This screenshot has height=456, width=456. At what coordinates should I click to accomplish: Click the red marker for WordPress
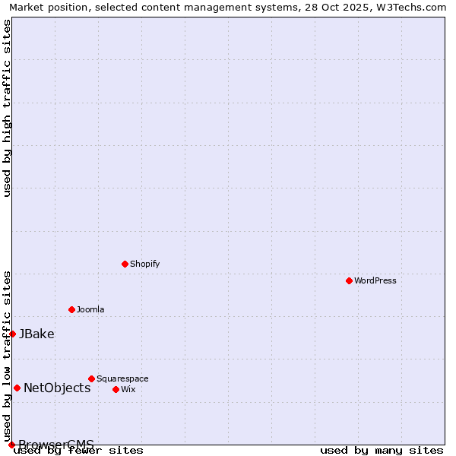coord(349,280)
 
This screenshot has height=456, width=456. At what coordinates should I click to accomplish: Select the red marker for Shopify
coord(125,264)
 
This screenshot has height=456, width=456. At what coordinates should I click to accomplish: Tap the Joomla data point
coord(71,309)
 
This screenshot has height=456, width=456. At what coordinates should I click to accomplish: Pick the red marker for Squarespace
coord(91,378)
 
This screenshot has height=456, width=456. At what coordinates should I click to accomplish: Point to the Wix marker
coord(116,389)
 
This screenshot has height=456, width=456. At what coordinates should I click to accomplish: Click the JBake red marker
coord(12,334)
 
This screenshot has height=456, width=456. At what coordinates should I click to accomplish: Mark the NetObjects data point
coord(17,388)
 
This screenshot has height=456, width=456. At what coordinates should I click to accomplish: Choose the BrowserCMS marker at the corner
coord(11,445)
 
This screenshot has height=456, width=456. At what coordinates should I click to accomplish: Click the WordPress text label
coord(375,280)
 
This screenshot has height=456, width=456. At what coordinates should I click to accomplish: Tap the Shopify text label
coord(144,264)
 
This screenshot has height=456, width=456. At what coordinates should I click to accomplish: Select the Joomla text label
coord(90,309)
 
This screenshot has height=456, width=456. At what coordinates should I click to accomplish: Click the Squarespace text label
coord(122,378)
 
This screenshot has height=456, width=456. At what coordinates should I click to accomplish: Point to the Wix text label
coord(128,389)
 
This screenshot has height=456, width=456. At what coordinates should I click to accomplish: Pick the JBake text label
coord(36,334)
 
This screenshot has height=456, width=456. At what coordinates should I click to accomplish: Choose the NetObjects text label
coord(57,388)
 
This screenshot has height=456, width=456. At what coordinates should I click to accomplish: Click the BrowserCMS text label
coord(56,445)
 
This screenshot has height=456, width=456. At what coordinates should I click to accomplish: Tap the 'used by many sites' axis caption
coord(382,450)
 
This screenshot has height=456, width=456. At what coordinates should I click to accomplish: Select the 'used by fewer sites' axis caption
coord(78,450)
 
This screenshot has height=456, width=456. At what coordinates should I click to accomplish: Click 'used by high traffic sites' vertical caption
coord(8,108)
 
